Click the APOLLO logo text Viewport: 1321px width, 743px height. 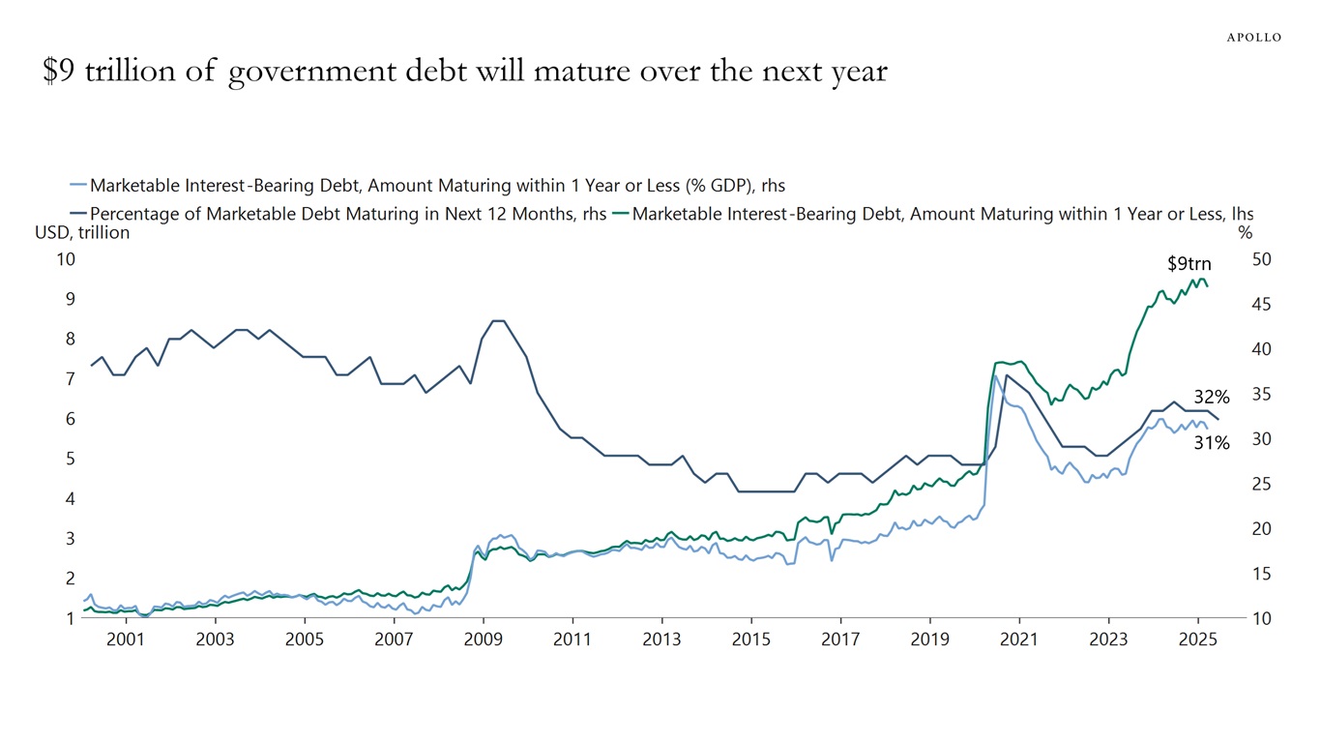(x=1254, y=37)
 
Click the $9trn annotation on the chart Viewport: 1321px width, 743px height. (x=1189, y=263)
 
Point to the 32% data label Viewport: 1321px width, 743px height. (x=1211, y=397)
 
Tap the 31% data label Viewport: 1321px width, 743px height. (x=1211, y=443)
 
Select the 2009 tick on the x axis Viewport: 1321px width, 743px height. (x=482, y=639)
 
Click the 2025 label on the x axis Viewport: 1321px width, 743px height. (x=1197, y=639)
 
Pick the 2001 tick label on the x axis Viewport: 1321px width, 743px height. (x=125, y=639)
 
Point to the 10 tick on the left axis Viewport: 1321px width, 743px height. (x=65, y=259)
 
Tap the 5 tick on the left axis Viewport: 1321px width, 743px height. (x=70, y=459)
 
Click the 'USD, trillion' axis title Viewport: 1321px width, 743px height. (x=82, y=232)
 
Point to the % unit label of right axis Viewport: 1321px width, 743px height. (x=1246, y=232)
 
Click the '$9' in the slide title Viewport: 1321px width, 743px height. (x=58, y=71)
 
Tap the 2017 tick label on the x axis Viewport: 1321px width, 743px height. (x=840, y=639)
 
